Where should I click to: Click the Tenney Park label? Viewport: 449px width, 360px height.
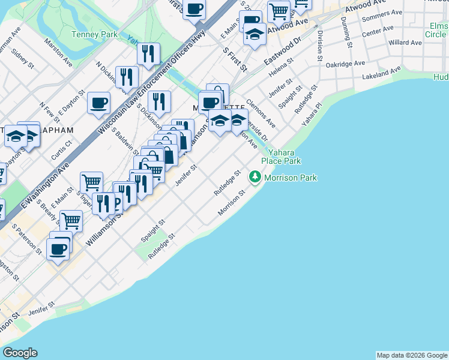[x=94, y=35]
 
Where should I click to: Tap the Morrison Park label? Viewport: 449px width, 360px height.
[x=291, y=178]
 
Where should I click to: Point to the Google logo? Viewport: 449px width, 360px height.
[x=20, y=353]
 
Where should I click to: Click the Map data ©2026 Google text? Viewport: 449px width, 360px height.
[x=411, y=355]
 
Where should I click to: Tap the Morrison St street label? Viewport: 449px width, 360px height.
[x=232, y=204]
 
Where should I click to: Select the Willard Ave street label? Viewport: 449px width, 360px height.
[x=405, y=43]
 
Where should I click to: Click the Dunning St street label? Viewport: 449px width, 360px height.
[x=345, y=29]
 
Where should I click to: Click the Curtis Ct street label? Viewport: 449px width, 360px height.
[x=61, y=150]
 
